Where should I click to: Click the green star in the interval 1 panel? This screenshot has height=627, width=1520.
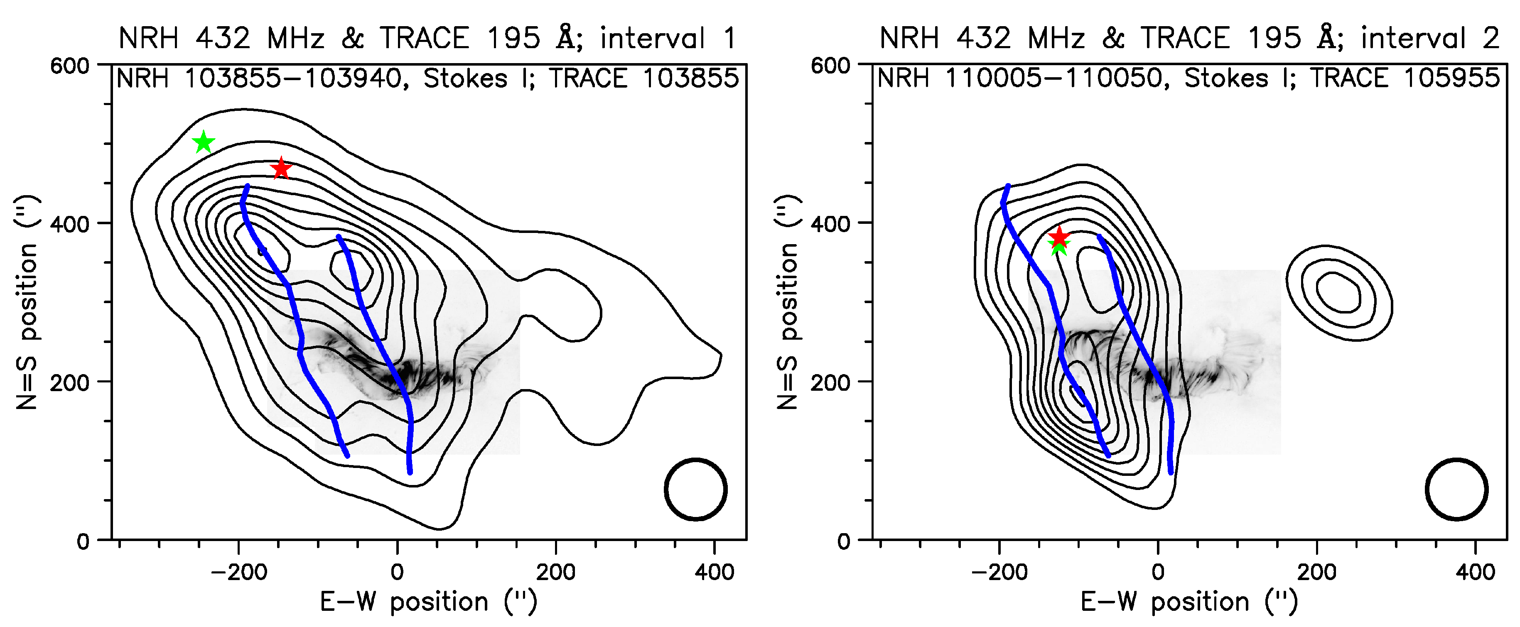(204, 143)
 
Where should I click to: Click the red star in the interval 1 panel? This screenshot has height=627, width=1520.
(281, 169)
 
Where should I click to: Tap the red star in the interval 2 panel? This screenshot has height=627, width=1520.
(1060, 237)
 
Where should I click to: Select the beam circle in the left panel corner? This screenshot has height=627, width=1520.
(695, 489)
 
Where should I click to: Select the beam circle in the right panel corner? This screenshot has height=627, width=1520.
(1456, 489)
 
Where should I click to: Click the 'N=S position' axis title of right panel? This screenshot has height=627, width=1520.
(787, 302)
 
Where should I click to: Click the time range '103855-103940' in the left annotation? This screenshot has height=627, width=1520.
(293, 78)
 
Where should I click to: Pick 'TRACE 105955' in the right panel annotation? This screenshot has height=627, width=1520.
(1405, 78)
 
